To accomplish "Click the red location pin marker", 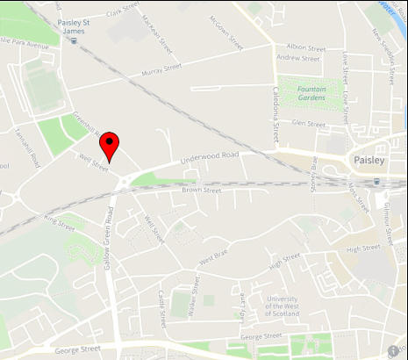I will pyautogui.click(x=109, y=145).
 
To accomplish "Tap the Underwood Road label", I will pyautogui.click(x=209, y=159).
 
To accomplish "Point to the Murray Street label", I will pyautogui.click(x=160, y=67).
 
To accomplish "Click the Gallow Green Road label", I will pyautogui.click(x=111, y=236).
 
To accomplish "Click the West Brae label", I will pyautogui.click(x=212, y=258).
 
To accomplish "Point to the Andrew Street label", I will pyautogui.click(x=299, y=59).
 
